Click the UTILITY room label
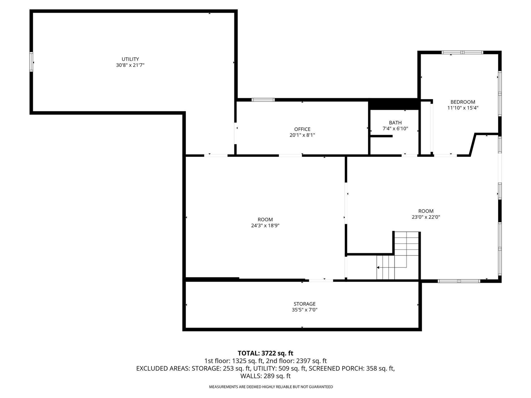130,59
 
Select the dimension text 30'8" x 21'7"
130,66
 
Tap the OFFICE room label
302,129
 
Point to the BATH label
395,123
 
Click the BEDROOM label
463,102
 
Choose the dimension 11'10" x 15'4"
463,108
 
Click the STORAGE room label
304,304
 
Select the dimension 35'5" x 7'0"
304,310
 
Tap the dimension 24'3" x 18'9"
265,226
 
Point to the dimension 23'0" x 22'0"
426,217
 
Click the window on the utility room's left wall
32,62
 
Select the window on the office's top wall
263,100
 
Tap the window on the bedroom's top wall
462,53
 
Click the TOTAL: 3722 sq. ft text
265,353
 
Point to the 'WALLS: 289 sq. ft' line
265,376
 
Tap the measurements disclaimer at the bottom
270,387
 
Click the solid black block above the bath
393,104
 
